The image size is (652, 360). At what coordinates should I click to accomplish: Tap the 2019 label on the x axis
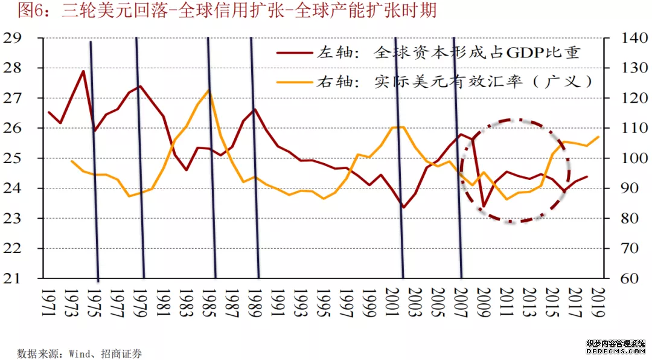[599, 300]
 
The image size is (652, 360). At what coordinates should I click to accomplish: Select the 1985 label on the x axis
[209, 300]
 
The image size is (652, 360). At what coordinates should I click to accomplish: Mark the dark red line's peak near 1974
[83, 71]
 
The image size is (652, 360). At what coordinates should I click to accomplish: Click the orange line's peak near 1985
[208, 90]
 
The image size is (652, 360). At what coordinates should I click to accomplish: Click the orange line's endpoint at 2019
[598, 137]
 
